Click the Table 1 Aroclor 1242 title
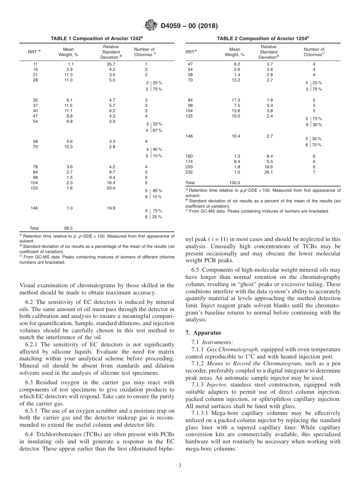point(97,39)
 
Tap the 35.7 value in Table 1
point(111,64)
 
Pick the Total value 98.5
point(68,228)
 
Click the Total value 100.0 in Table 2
point(235,183)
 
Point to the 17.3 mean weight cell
point(235,100)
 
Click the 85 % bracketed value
point(157,191)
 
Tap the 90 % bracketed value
point(157,149)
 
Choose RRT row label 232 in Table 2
point(189,172)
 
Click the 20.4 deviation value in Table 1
point(111,188)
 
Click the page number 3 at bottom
point(180,465)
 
